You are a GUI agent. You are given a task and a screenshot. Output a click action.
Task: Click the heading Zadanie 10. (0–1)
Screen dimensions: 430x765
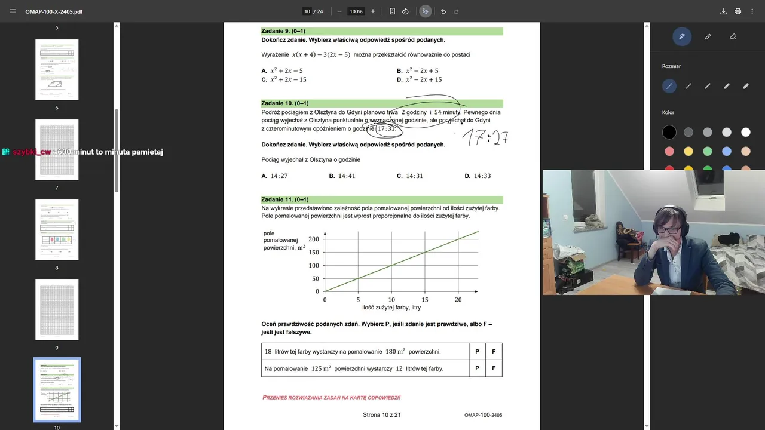[x=285, y=103]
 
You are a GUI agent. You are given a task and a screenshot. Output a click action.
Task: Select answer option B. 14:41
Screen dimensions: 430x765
[x=342, y=176]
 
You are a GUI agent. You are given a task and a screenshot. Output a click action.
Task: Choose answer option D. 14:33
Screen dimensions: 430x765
[x=478, y=176]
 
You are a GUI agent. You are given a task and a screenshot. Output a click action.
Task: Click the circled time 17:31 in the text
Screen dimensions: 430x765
[x=386, y=129]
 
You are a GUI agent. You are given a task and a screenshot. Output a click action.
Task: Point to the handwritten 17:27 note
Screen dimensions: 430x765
[x=485, y=138]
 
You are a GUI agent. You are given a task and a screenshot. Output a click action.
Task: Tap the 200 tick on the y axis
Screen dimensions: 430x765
[x=314, y=239]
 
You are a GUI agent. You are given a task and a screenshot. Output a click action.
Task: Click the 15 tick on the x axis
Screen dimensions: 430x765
[x=425, y=300]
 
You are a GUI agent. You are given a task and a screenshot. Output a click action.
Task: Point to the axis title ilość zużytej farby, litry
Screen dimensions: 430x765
[x=391, y=308]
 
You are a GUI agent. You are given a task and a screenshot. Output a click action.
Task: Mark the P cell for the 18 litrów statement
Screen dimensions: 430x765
[x=477, y=352]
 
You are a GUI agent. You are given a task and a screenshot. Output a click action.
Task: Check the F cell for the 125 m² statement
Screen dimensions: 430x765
[x=494, y=368]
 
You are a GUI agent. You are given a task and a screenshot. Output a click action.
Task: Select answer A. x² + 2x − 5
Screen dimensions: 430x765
[x=282, y=71]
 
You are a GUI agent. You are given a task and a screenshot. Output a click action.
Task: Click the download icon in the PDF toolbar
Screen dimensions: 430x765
[x=723, y=11]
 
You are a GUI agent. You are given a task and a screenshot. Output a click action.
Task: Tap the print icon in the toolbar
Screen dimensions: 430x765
[x=738, y=11]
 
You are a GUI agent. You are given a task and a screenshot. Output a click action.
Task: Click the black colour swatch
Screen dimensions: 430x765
[x=669, y=133]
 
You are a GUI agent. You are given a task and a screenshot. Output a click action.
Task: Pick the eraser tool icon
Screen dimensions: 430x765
[x=733, y=36]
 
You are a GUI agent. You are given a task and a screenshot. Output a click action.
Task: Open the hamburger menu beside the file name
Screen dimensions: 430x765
[x=13, y=11]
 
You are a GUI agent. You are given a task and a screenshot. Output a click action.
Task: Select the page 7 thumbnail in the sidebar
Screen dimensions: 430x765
[x=57, y=149]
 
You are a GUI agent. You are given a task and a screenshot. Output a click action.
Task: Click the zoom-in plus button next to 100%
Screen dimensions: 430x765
[x=373, y=11]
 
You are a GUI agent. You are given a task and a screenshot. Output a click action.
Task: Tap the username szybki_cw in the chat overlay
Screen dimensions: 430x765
[x=32, y=152]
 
